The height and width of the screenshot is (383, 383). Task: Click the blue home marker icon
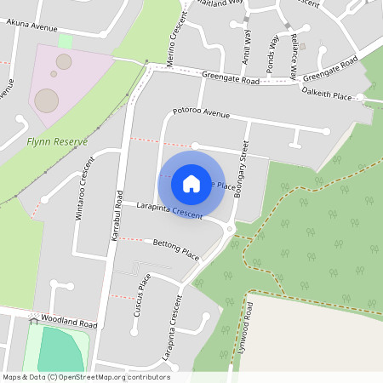[191, 183]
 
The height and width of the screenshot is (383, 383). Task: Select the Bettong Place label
[175, 249]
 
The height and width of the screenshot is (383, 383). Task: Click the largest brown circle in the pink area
[47, 100]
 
